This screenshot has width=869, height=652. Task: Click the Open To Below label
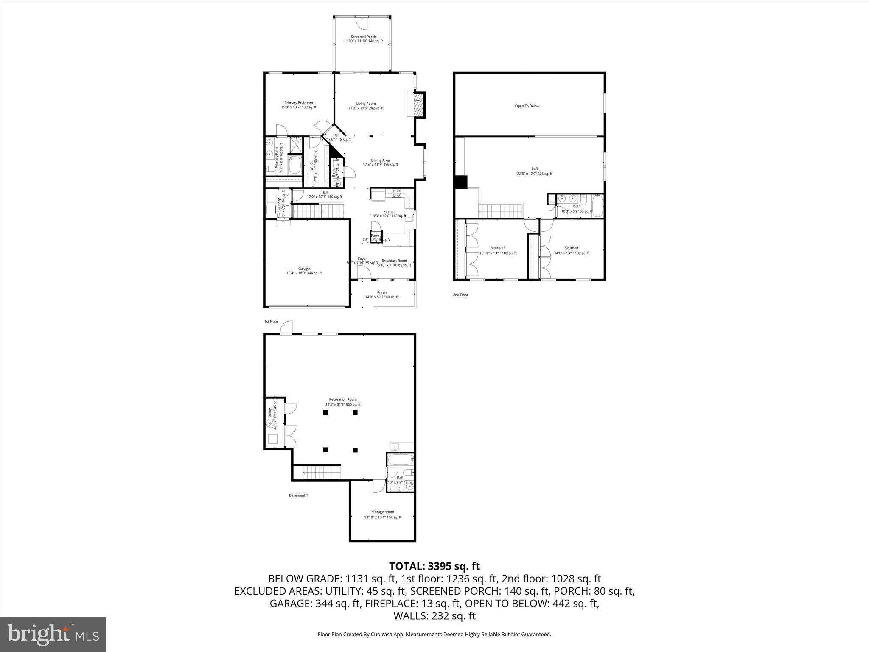tap(527, 106)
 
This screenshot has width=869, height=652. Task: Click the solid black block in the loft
tap(460, 182)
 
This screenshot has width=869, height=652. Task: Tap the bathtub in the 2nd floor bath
tap(597, 206)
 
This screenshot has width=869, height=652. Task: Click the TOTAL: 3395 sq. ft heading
tap(434, 566)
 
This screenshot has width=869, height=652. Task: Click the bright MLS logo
tap(53, 635)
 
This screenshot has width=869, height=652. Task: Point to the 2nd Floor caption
tap(460, 295)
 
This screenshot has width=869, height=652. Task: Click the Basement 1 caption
tap(298, 495)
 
